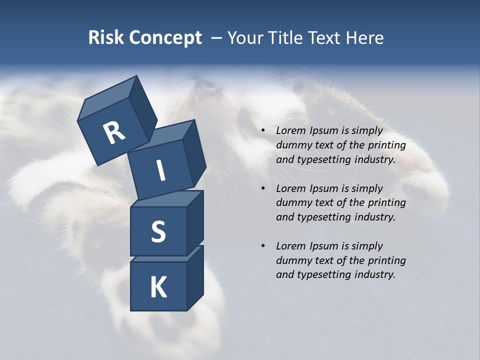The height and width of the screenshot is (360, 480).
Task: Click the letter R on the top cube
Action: coord(114,133)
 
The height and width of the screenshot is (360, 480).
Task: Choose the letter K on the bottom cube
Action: coord(158,287)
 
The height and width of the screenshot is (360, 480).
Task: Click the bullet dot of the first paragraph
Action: coord(263,131)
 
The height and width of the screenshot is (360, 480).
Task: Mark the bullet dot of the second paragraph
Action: coord(263,188)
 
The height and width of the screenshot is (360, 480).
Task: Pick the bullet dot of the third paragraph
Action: coord(263,246)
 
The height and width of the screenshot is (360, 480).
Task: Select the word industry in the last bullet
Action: coord(375,274)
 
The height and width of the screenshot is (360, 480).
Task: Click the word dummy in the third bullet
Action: coord(293,260)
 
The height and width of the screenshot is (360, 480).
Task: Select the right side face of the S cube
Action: coord(195,225)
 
